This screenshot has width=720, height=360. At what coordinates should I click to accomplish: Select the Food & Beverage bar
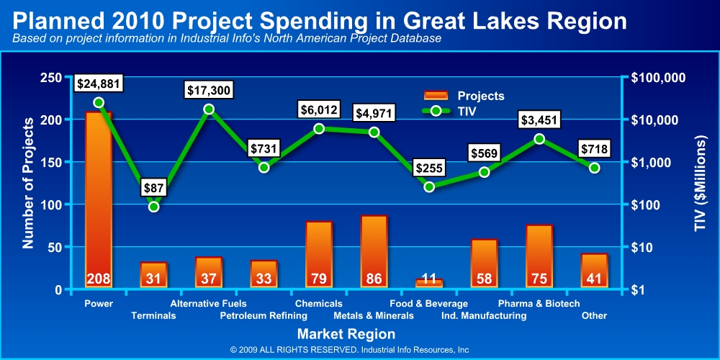point(429,283)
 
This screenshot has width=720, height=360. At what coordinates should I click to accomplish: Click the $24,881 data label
point(99,84)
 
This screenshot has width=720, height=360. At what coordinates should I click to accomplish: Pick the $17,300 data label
point(208,91)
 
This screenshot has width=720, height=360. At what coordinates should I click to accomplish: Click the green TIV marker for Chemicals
point(319,129)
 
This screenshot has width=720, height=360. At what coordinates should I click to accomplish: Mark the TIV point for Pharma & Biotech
point(539,139)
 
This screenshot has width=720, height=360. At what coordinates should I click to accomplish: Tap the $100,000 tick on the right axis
point(658,78)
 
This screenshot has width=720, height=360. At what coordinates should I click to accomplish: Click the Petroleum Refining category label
point(264,315)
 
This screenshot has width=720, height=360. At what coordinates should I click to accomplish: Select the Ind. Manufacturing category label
point(484,315)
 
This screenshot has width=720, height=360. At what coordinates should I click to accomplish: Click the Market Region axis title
point(346,334)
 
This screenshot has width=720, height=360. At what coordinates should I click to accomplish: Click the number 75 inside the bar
point(539,279)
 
